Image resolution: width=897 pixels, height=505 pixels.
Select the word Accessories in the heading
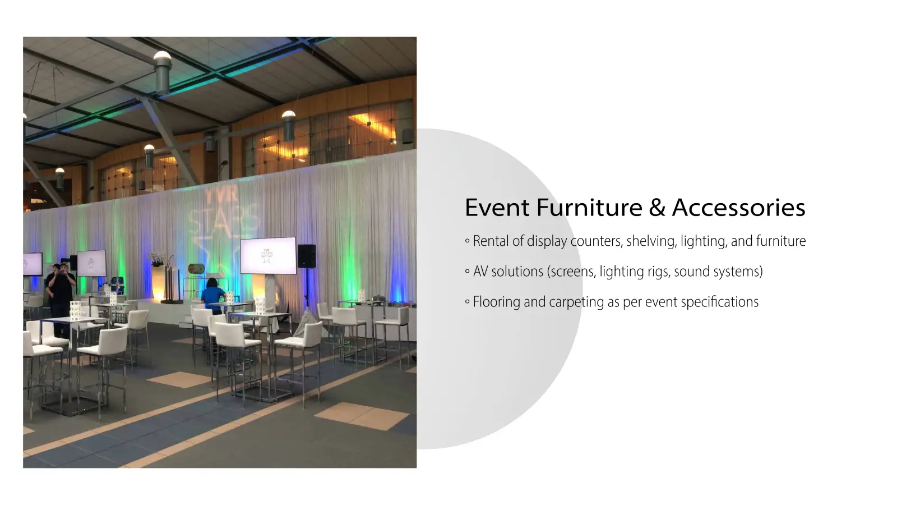tap(739, 208)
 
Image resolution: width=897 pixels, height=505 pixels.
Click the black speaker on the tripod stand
tap(307, 256)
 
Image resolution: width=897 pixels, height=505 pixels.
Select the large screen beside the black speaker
tap(269, 256)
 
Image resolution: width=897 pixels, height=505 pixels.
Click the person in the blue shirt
tap(212, 296)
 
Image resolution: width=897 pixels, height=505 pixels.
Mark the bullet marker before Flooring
tap(468, 302)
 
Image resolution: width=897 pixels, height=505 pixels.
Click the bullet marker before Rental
tap(468, 241)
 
